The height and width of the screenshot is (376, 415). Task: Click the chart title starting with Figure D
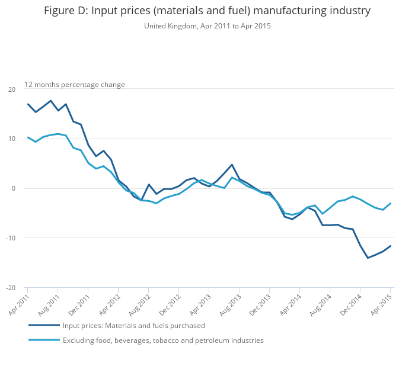(207, 11)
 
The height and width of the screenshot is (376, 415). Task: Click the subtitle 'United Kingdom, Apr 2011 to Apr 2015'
(207, 26)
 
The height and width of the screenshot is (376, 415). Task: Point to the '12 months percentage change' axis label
(75, 85)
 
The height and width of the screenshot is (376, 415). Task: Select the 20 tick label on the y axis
(12, 89)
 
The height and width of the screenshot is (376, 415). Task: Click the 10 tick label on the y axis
(12, 139)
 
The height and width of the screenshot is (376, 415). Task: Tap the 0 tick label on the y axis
(14, 189)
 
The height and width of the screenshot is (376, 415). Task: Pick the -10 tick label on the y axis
(11, 239)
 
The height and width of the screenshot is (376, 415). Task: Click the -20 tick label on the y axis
(11, 288)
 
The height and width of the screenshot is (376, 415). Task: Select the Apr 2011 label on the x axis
(19, 303)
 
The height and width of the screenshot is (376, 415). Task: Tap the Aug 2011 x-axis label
(49, 303)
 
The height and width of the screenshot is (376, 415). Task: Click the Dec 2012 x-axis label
(170, 303)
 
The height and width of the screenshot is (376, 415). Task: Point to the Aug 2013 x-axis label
(230, 303)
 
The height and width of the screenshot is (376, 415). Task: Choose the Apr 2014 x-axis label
(291, 303)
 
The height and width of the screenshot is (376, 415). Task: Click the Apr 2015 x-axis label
(382, 303)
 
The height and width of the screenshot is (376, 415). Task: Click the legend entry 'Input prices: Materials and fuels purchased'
(133, 326)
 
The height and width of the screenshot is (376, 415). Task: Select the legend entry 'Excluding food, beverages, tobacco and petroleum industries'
(163, 340)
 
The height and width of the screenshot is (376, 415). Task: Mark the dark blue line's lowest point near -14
(368, 258)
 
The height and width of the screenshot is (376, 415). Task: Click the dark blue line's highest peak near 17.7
(50, 101)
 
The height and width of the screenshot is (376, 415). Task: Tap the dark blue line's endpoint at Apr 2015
(390, 246)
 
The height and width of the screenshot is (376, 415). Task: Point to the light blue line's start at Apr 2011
(28, 137)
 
